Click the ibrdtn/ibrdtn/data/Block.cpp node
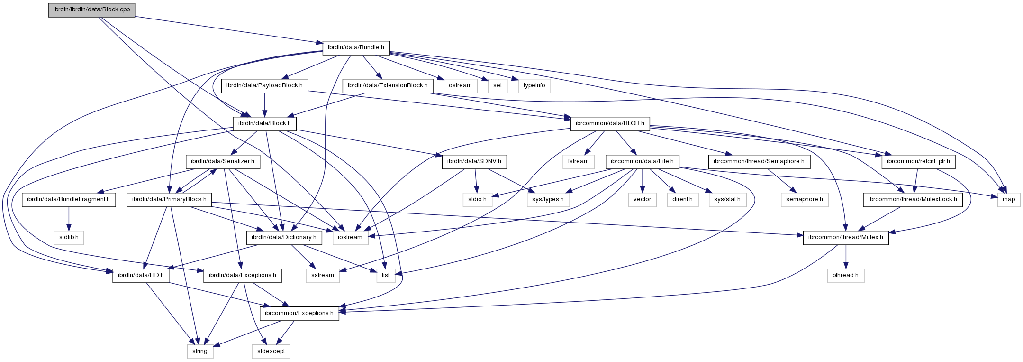[91, 10]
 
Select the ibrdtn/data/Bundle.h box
[356, 47]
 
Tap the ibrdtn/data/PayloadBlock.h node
[264, 86]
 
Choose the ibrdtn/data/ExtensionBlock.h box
[388, 86]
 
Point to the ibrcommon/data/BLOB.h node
[610, 124]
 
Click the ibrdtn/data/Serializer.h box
[223, 162]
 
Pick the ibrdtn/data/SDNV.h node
[474, 162]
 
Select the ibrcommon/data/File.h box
[642, 162]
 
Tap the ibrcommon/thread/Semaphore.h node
[759, 162]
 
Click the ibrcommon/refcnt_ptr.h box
[918, 162]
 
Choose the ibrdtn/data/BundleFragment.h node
[69, 200]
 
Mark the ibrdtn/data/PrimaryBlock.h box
[169, 200]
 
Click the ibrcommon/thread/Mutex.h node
[846, 237]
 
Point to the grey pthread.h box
[846, 275]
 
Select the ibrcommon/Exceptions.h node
[299, 313]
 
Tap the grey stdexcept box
[271, 351]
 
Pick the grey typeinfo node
[534, 86]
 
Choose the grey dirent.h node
[682, 200]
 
